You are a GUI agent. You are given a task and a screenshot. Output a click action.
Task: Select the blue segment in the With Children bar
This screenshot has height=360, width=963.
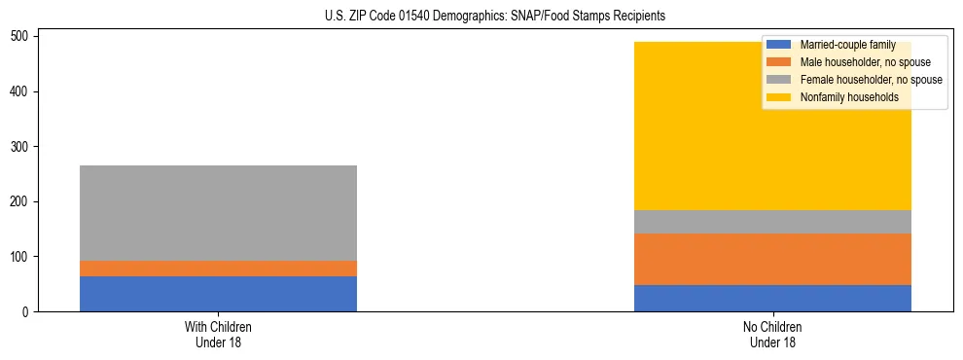click(218, 294)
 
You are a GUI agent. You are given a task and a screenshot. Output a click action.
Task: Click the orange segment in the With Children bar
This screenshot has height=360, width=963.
click(218, 269)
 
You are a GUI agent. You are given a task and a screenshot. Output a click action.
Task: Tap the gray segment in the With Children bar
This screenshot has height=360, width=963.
click(218, 213)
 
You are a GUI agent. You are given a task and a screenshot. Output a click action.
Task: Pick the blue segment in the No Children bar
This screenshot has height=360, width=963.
click(772, 298)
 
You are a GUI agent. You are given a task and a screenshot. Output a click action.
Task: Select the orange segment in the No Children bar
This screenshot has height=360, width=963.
click(772, 259)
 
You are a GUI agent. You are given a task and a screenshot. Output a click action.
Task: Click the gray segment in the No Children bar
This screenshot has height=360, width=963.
click(772, 222)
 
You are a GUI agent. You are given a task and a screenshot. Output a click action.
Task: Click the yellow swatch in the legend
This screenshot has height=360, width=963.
click(779, 97)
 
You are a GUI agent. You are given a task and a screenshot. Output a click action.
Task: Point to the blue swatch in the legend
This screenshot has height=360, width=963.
click(779, 45)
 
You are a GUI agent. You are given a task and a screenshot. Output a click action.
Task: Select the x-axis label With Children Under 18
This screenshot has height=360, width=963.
click(218, 334)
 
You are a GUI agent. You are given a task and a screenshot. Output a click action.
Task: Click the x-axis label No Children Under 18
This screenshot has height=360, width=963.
click(772, 334)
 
